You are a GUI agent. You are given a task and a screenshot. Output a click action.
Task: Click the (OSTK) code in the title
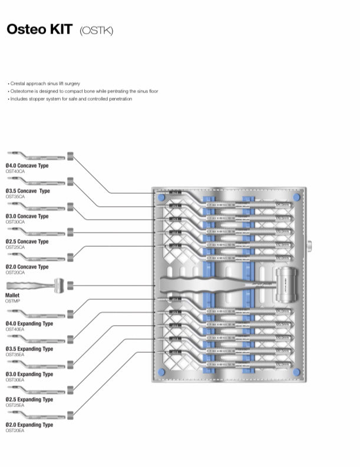point(95,30)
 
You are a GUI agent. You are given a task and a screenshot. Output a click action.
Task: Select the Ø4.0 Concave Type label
point(27,166)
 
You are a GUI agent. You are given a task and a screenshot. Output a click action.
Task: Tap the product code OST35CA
point(15,197)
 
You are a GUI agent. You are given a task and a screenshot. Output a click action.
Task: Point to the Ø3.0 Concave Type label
point(27,217)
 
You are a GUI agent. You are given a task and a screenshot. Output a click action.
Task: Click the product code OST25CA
point(15,247)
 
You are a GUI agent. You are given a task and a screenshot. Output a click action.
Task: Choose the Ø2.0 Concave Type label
point(27,267)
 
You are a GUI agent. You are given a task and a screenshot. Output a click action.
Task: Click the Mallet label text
point(12,295)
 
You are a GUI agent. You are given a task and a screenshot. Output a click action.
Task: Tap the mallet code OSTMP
point(12,300)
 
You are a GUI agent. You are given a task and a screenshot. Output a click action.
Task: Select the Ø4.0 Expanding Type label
point(29,324)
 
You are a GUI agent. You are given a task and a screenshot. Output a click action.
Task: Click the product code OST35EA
point(15,355)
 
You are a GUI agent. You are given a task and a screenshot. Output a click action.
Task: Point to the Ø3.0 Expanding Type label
point(29,375)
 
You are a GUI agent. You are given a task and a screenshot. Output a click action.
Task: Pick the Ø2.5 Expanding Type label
point(29,400)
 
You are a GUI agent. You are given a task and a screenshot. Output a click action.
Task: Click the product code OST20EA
point(15,430)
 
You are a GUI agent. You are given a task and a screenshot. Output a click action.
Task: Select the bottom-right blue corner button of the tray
point(296,372)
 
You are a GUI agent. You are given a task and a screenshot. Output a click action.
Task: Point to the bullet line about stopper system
point(71,99)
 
